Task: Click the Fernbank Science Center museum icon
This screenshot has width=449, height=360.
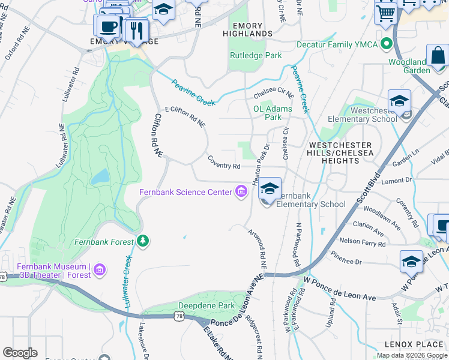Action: pos(241,192)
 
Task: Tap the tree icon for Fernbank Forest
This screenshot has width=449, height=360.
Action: pos(143,242)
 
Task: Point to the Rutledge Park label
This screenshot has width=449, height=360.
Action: pos(256,56)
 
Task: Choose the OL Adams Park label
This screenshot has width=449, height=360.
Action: pos(273,113)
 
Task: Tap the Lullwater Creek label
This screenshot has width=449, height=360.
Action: pos(127,282)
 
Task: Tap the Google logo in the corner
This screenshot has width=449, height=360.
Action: pos(20,353)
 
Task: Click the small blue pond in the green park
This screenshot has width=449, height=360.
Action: pos(100,176)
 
